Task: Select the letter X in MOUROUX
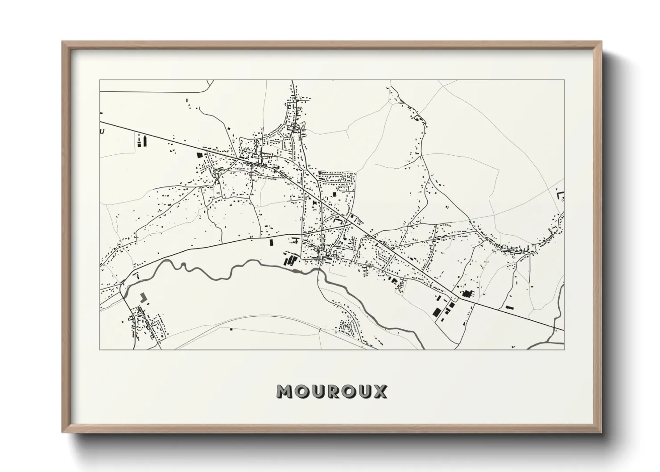380,391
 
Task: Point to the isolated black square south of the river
231,329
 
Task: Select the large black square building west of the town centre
199,155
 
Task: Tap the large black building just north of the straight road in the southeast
467,294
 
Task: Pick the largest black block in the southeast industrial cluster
437,311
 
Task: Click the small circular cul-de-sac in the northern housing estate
352,178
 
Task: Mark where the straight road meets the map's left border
100,121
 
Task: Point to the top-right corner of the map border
564,80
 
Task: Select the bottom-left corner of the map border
100,349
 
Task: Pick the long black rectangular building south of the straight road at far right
508,307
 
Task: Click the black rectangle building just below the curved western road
270,243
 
